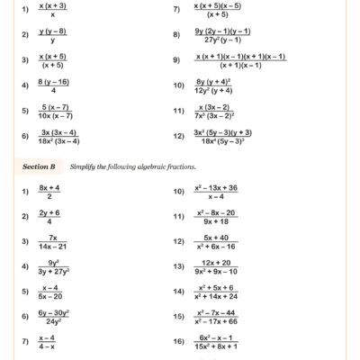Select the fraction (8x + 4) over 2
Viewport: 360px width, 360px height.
(x=49, y=193)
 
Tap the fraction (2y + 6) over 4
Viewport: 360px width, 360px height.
(x=49, y=218)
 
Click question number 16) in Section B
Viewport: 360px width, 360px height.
(x=177, y=342)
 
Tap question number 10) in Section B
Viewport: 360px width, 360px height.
(x=177, y=193)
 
